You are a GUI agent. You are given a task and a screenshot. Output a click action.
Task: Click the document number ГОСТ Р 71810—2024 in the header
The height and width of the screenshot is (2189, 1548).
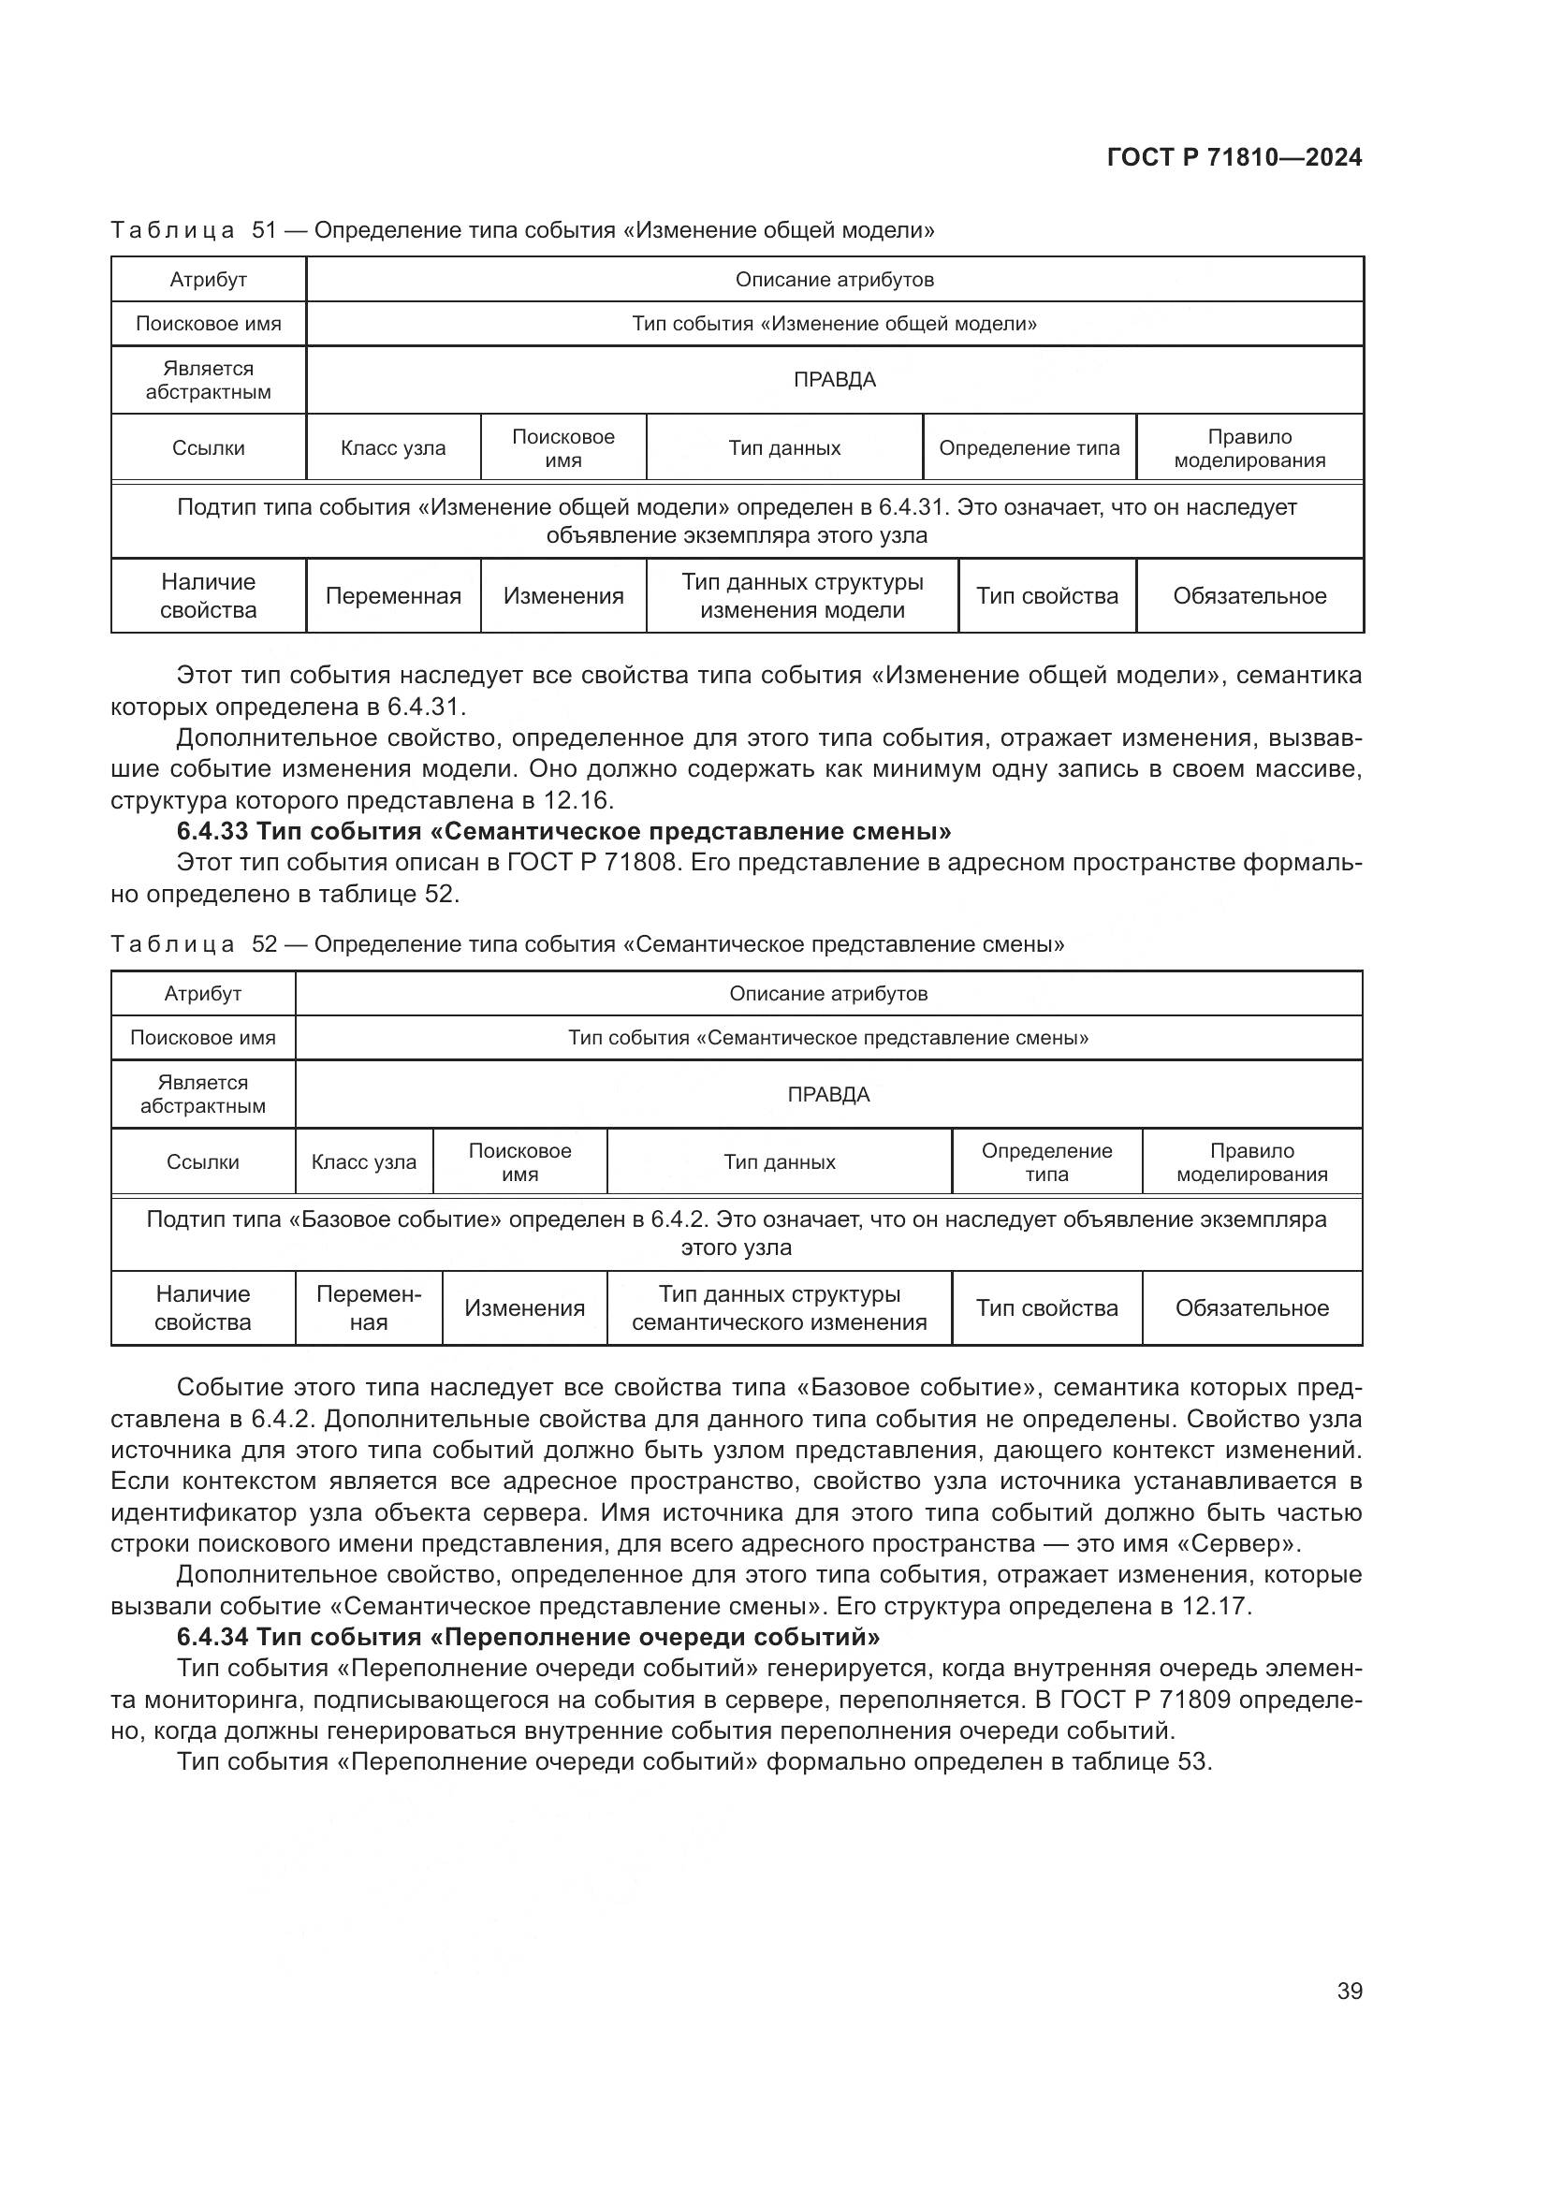pyautogui.click(x=1234, y=157)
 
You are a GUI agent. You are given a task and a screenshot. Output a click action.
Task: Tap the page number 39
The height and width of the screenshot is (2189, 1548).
pyautogui.click(x=1349, y=1991)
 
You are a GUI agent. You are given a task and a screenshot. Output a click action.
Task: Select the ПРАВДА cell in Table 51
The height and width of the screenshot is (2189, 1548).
pyautogui.click(x=834, y=379)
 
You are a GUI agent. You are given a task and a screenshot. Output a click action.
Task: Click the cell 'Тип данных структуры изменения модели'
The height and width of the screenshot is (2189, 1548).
pyautogui.click(x=802, y=596)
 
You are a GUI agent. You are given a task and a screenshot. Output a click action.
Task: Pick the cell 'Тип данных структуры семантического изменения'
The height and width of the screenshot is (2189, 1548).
pyautogui.click(x=779, y=1308)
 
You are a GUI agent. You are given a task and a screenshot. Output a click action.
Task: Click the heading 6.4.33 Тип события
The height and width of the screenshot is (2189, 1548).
pyautogui.click(x=563, y=831)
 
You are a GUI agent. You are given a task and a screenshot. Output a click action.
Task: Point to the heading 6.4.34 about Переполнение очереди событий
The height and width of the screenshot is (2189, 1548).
pyautogui.click(x=528, y=1638)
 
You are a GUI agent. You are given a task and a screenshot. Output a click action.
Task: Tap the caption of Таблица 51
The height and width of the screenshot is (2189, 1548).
pyautogui.click(x=522, y=230)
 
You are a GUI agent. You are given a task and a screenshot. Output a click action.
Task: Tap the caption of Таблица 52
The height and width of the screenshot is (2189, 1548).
pyautogui.click(x=587, y=944)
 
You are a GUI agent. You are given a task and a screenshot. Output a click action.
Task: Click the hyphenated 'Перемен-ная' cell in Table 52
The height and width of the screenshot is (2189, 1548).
pyautogui.click(x=368, y=1308)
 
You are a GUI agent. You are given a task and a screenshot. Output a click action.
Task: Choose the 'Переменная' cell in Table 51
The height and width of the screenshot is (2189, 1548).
pyautogui.click(x=393, y=596)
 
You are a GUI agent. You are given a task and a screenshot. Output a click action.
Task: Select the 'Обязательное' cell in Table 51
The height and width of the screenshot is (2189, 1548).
pyautogui.click(x=1249, y=596)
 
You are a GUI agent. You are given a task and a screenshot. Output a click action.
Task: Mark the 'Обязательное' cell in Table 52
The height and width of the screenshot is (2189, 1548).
pyautogui.click(x=1250, y=1308)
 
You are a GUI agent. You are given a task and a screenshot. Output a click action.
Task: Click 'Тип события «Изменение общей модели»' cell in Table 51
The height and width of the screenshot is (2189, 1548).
pyautogui.click(x=834, y=323)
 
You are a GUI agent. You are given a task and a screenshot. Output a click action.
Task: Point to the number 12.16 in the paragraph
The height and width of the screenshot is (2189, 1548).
pyautogui.click(x=575, y=800)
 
